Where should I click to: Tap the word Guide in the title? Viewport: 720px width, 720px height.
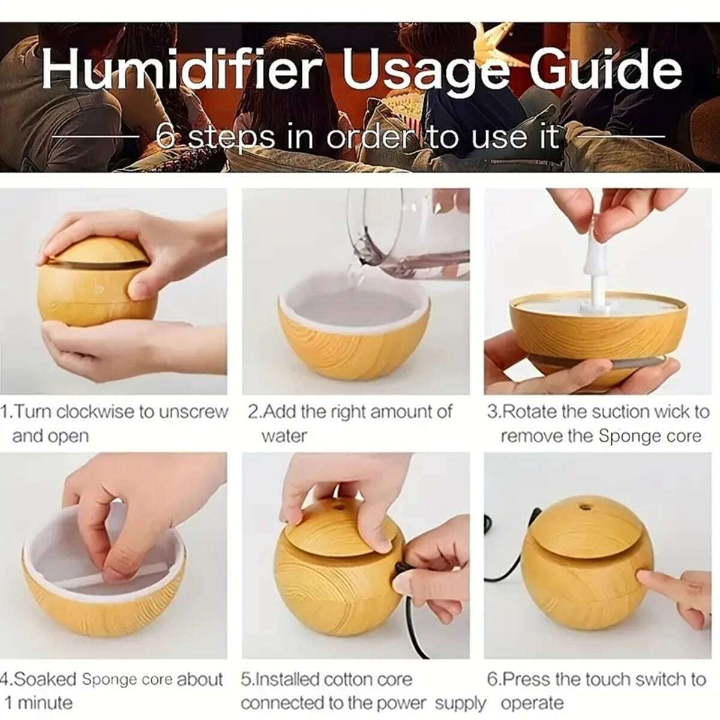point(605,71)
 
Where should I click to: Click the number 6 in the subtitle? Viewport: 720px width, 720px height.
point(166,137)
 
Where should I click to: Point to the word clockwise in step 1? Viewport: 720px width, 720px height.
point(96,412)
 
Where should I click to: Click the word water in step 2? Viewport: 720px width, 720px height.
point(284,436)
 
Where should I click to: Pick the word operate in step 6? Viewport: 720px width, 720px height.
point(532,703)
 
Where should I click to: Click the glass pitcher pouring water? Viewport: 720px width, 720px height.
point(408,234)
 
